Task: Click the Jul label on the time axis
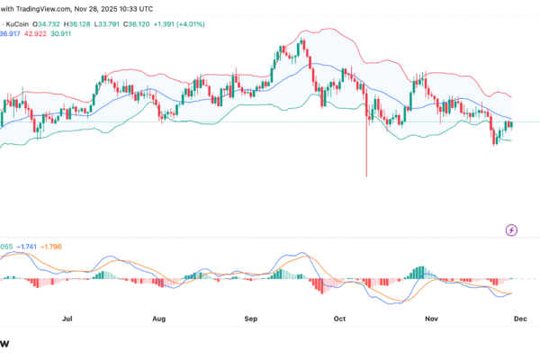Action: tap(67, 318)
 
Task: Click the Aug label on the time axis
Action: tap(159, 318)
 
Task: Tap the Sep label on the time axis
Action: tap(253, 318)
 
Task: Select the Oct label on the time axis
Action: tap(340, 318)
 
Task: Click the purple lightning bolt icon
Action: tap(512, 230)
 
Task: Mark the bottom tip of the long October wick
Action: tap(367, 175)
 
